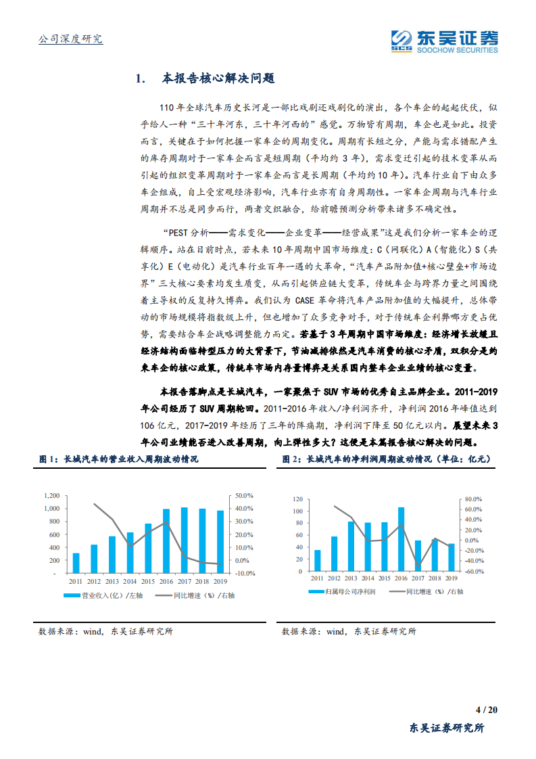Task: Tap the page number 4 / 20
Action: coord(486,710)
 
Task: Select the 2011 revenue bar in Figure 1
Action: coord(76,563)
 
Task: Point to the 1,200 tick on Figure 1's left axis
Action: coord(51,495)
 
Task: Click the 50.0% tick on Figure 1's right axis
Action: coord(245,495)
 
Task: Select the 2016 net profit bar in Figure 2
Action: coord(401,539)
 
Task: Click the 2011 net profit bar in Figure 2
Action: coord(317,560)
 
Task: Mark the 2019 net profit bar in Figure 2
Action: coord(451,557)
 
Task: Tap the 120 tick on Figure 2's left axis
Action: coord(297,499)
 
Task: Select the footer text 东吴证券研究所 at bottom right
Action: coord(447,728)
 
